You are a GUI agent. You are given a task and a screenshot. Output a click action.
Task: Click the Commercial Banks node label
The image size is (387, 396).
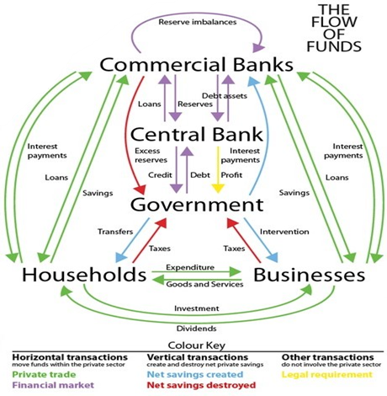coord(196,65)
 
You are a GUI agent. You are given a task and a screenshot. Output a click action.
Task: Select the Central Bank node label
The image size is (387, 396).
coord(197,134)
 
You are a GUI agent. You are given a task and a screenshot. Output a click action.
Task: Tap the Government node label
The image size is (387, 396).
coord(197,205)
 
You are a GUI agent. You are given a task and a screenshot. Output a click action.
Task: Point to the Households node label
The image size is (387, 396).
coord(84,275)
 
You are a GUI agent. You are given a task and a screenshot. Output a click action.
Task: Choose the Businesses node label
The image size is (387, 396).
coord(310,275)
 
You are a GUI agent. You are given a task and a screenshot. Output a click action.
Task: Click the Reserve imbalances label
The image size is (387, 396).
coord(198,22)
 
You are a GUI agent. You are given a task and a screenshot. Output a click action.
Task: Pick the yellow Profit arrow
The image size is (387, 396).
coord(218,170)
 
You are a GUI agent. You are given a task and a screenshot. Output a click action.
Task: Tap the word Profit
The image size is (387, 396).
coord(231,175)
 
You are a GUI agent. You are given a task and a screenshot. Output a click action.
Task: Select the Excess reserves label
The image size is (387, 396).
coord(151,155)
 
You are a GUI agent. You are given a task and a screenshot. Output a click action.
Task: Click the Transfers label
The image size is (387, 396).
coord(115,232)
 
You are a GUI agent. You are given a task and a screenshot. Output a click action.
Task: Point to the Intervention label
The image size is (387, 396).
coord(284,232)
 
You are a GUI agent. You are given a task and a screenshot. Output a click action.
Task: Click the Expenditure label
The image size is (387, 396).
coord(190,267)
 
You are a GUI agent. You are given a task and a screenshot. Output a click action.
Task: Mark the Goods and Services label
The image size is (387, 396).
coord(204,284)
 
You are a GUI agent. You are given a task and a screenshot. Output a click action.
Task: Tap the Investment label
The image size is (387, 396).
coord(197,308)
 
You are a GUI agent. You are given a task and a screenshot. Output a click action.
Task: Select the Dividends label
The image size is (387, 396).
coord(197,329)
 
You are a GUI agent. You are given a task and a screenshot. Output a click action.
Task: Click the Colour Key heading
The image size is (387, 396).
coord(197,345)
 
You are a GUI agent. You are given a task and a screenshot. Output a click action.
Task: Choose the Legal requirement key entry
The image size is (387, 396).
coord(327,375)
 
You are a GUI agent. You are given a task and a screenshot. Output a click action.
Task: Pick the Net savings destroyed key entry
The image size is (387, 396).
coord(201,385)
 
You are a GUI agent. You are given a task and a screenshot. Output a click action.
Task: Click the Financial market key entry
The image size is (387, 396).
coord(53,385)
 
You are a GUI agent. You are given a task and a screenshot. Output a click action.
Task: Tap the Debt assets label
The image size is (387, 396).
coord(225,96)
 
